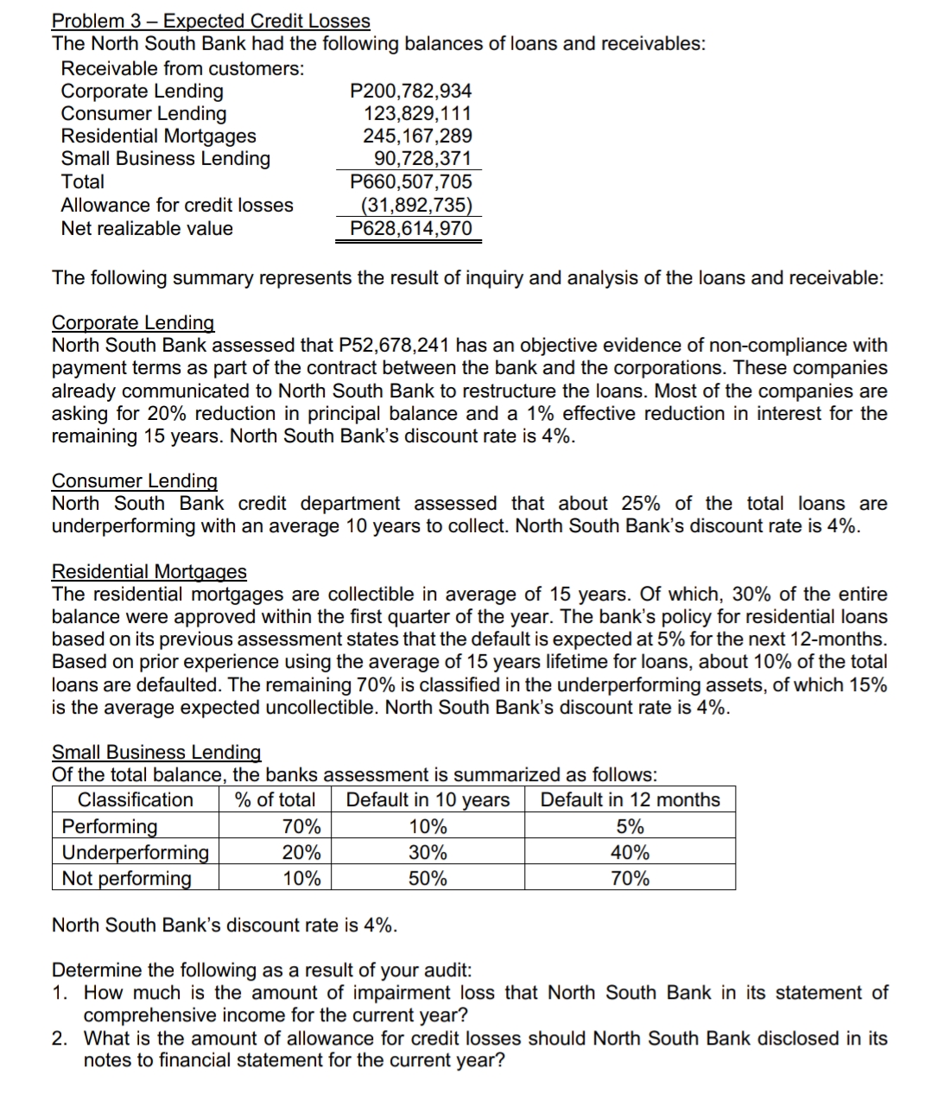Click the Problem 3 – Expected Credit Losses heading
pyautogui.click(x=211, y=21)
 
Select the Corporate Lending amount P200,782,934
pyautogui.click(x=411, y=91)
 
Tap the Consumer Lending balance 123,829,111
pyautogui.click(x=418, y=113)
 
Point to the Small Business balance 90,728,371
pyautogui.click(x=422, y=158)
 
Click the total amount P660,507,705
pyautogui.click(x=411, y=181)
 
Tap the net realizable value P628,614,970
pyautogui.click(x=411, y=228)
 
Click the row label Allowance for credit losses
pyautogui.click(x=177, y=205)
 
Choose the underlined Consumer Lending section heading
pyautogui.click(x=135, y=480)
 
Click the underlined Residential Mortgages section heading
pyautogui.click(x=149, y=572)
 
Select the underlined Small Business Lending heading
pyautogui.click(x=156, y=753)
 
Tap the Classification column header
pyautogui.click(x=136, y=800)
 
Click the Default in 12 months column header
pyautogui.click(x=630, y=800)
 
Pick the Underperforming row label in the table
pyautogui.click(x=136, y=853)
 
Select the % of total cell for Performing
pyautogui.click(x=301, y=827)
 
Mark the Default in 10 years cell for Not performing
pyautogui.click(x=427, y=879)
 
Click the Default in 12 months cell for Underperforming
pyautogui.click(x=630, y=853)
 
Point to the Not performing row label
pyautogui.click(x=127, y=879)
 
